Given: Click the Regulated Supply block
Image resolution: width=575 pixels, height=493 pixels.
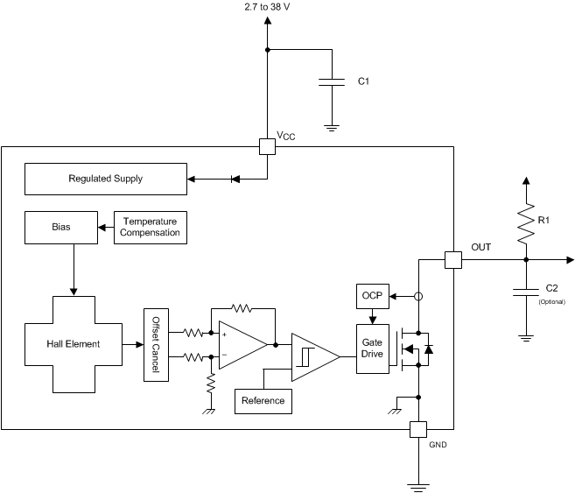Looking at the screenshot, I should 105,179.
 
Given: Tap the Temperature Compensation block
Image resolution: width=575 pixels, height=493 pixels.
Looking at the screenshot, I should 151,227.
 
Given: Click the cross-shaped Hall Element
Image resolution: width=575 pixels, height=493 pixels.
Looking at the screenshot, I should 74,344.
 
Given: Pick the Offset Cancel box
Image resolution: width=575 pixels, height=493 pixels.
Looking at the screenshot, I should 156,344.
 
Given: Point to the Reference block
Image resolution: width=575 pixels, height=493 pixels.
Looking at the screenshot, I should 263,400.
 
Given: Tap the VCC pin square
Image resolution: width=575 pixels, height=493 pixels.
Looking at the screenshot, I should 267,147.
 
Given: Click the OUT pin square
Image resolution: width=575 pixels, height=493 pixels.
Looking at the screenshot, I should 453,260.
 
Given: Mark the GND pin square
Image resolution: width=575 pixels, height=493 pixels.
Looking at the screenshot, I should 418,429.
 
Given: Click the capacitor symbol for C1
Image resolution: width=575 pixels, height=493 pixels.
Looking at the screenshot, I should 332,81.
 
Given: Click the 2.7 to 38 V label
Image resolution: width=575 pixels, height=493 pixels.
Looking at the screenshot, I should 267,7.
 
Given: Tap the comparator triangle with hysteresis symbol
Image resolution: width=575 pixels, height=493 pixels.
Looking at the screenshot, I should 311,356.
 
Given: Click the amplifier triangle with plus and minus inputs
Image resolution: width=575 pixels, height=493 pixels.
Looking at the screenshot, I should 240,344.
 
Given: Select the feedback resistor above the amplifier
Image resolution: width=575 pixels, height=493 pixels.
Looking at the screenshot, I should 242,308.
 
